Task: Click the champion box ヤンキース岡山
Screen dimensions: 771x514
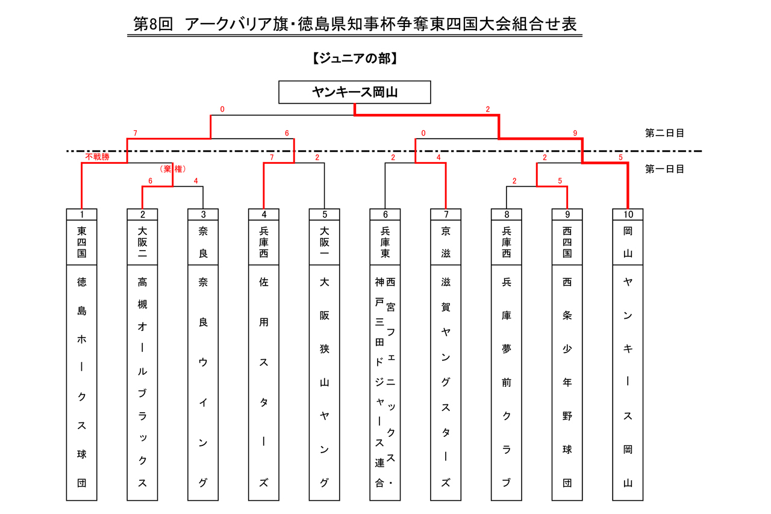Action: pyautogui.click(x=355, y=92)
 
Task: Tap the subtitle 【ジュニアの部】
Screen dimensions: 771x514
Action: pyautogui.click(x=355, y=58)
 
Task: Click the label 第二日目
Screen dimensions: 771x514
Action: pyautogui.click(x=664, y=133)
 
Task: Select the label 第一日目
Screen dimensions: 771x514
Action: pyautogui.click(x=664, y=169)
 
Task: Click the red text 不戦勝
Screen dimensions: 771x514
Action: pyautogui.click(x=98, y=157)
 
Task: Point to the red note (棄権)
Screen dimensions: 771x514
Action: pyautogui.click(x=173, y=169)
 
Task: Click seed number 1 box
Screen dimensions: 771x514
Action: pyautogui.click(x=81, y=215)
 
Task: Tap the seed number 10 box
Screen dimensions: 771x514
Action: pyautogui.click(x=628, y=215)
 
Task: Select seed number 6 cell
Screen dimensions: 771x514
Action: pyautogui.click(x=385, y=215)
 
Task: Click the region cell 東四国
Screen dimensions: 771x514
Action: pyautogui.click(x=81, y=242)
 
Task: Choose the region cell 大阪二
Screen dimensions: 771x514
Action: pyautogui.click(x=143, y=242)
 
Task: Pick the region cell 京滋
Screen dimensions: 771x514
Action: pyautogui.click(x=446, y=242)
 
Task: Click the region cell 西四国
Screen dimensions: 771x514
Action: pyautogui.click(x=567, y=242)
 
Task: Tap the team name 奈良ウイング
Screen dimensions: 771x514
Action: pyautogui.click(x=203, y=383)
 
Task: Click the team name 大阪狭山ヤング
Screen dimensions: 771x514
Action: pyautogui.click(x=325, y=383)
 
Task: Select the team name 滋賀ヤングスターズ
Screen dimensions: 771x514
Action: pyautogui.click(x=446, y=383)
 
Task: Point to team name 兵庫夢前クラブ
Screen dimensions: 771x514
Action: pyautogui.click(x=507, y=383)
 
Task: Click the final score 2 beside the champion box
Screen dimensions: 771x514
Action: pyautogui.click(x=488, y=110)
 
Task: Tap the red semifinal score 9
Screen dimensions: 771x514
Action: pyautogui.click(x=575, y=133)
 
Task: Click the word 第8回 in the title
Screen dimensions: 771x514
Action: pyautogui.click(x=153, y=25)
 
